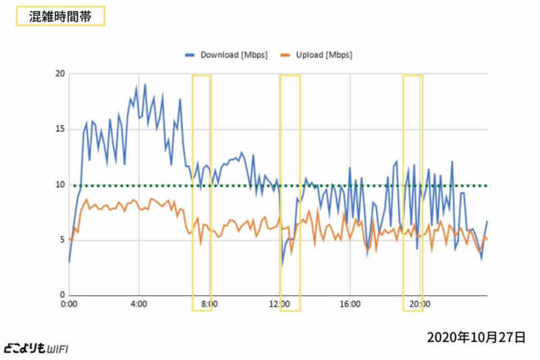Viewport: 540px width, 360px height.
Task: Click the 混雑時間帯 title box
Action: pyautogui.click(x=59, y=16)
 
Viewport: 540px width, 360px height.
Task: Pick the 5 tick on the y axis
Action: pyautogui.click(x=61, y=240)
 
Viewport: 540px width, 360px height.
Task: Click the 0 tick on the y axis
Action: pyautogui.click(x=61, y=295)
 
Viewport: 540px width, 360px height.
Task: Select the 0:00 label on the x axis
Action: pyautogui.click(x=69, y=305)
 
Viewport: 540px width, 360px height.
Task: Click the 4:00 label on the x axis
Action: pyautogui.click(x=139, y=305)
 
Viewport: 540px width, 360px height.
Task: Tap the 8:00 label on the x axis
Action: pyautogui.click(x=209, y=305)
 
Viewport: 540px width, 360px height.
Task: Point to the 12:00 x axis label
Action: pyautogui.click(x=279, y=305)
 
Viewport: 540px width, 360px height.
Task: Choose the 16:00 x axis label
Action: pyautogui.click(x=350, y=305)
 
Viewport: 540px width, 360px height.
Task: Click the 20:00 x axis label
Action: pyautogui.click(x=420, y=305)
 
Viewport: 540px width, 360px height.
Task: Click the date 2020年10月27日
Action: pyautogui.click(x=476, y=336)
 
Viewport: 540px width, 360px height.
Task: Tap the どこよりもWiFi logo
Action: pyautogui.click(x=35, y=349)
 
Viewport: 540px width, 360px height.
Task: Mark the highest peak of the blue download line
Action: pyautogui.click(x=144, y=84)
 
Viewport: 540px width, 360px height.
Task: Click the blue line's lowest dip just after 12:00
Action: pyautogui.click(x=282, y=265)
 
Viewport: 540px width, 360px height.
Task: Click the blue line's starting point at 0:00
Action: pyautogui.click(x=69, y=262)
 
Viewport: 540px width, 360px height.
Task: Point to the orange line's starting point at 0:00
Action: pyautogui.click(x=69, y=237)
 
